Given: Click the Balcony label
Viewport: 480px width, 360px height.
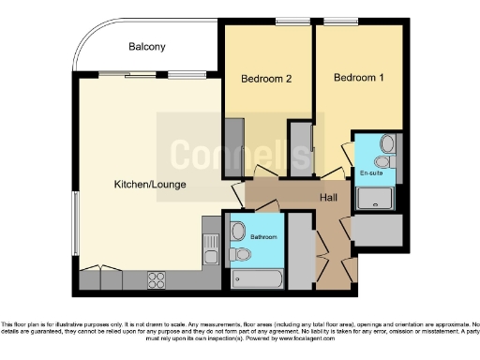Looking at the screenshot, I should coord(147,47).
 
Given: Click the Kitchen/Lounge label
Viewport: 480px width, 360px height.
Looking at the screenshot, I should coord(142,185).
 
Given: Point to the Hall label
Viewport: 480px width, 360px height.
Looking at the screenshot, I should coord(328,198).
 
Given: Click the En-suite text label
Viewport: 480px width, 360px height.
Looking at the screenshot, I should coord(371,173).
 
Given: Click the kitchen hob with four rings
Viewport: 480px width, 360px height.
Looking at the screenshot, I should coord(155,279).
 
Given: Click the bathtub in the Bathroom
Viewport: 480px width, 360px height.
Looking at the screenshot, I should coord(255,278).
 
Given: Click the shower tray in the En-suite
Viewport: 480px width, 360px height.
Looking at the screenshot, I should coord(375,198).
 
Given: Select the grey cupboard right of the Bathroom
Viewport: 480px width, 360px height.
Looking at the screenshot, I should coord(301,249).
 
